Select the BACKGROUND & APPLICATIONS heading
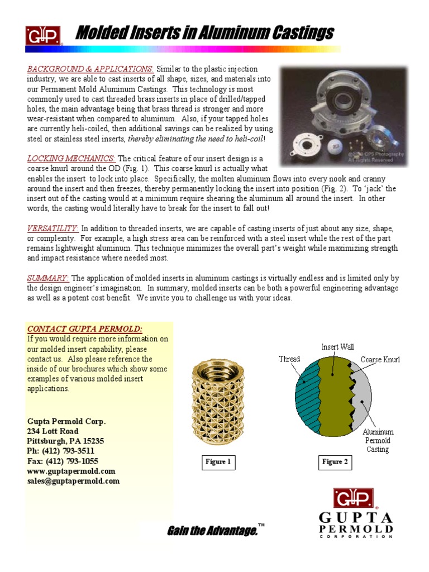(x=90, y=69)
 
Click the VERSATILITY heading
(x=53, y=228)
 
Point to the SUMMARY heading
(x=48, y=278)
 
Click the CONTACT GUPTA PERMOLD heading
(x=85, y=328)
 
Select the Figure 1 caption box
(x=218, y=462)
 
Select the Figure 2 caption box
(x=335, y=462)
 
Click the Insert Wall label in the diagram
(x=337, y=347)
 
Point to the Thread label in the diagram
(x=289, y=359)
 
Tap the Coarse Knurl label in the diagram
(x=380, y=359)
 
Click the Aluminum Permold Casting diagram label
(x=378, y=440)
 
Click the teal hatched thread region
(x=302, y=402)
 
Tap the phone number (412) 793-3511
(x=61, y=451)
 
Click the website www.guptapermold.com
(x=71, y=471)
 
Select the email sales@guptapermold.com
(x=73, y=481)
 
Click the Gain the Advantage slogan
(x=212, y=531)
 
